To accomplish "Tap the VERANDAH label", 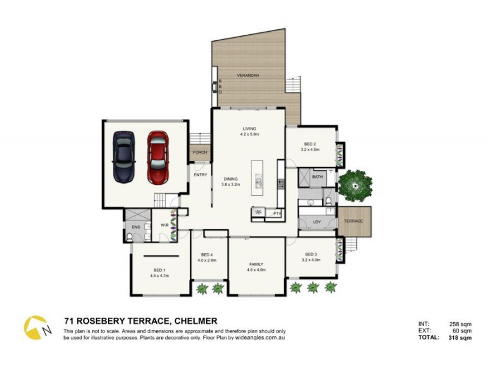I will [x=248, y=75].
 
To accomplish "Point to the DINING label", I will [x=230, y=179].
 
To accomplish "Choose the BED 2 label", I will [x=310, y=144].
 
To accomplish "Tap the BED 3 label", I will [x=310, y=254].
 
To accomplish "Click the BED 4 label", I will [x=206, y=254].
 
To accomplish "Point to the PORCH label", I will [x=199, y=152].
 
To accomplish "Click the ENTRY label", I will [x=200, y=175].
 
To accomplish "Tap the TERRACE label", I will [x=353, y=221].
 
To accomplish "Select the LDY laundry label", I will [x=317, y=222].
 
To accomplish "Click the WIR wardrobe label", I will [x=164, y=225].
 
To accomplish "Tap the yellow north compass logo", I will [x=35, y=328].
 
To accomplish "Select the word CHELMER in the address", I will [x=196, y=321].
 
